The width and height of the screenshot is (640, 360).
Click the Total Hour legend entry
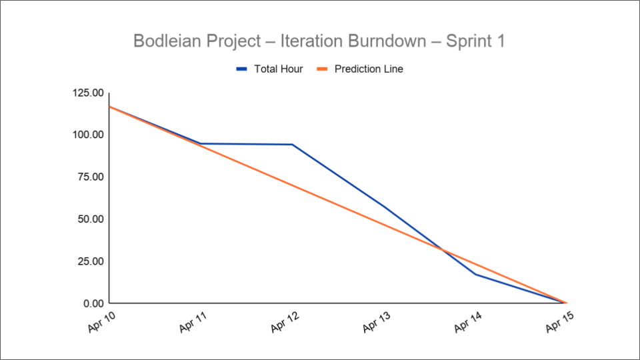[x=269, y=69]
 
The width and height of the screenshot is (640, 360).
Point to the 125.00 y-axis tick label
[x=89, y=93]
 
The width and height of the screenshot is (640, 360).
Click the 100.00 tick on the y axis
[x=89, y=135]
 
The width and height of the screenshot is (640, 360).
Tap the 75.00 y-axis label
[x=91, y=177]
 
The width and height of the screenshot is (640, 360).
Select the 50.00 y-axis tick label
[x=91, y=219]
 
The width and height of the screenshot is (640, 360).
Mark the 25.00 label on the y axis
[x=91, y=261]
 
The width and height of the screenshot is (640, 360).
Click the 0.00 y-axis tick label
[x=94, y=303]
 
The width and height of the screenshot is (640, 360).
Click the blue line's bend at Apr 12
[x=292, y=144]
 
